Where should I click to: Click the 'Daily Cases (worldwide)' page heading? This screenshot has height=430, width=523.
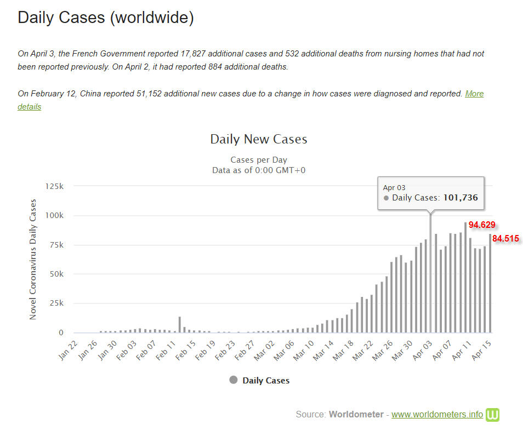click(x=106, y=18)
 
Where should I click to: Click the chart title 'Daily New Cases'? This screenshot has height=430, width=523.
click(x=258, y=139)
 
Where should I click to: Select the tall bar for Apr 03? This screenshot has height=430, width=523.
click(x=430, y=274)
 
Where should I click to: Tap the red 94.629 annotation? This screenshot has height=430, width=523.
click(x=482, y=225)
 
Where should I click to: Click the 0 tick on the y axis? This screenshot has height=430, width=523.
click(x=61, y=332)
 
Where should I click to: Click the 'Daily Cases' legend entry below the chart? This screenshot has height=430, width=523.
click(x=259, y=380)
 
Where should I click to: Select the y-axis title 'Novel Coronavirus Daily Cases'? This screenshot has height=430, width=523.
click(x=33, y=259)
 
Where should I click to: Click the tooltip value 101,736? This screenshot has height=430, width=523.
click(x=460, y=198)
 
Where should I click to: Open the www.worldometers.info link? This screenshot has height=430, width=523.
click(x=437, y=414)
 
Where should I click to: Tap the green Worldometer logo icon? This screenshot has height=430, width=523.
click(x=492, y=414)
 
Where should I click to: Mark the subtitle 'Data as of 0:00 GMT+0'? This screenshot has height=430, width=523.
click(x=259, y=170)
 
